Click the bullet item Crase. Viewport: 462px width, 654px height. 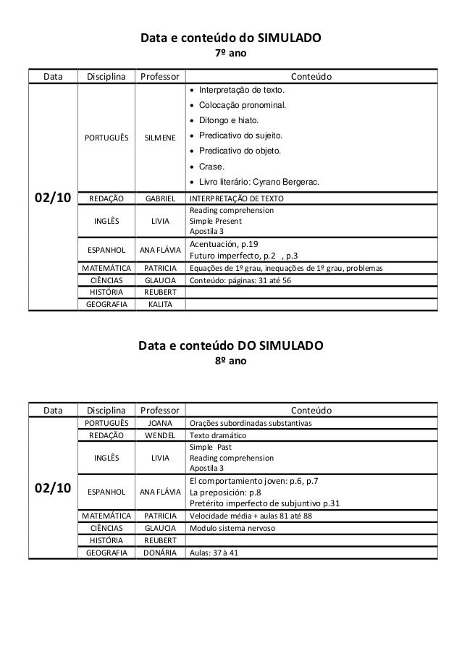pos(209,166)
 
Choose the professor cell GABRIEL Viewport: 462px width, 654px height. pos(160,198)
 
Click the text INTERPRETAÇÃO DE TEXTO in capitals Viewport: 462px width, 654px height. pos(236,198)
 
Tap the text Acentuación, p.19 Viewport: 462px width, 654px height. pos(223,244)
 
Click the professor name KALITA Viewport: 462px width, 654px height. pos(160,304)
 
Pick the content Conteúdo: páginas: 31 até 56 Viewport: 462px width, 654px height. pos(240,280)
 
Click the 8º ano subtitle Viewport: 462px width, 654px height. pos(232,359)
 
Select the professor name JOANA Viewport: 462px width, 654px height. pos(160,423)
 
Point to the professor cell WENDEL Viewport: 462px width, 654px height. pos(160,436)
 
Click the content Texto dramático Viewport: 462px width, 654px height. pos(217,436)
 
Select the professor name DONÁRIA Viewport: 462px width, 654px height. pos(160,553)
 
